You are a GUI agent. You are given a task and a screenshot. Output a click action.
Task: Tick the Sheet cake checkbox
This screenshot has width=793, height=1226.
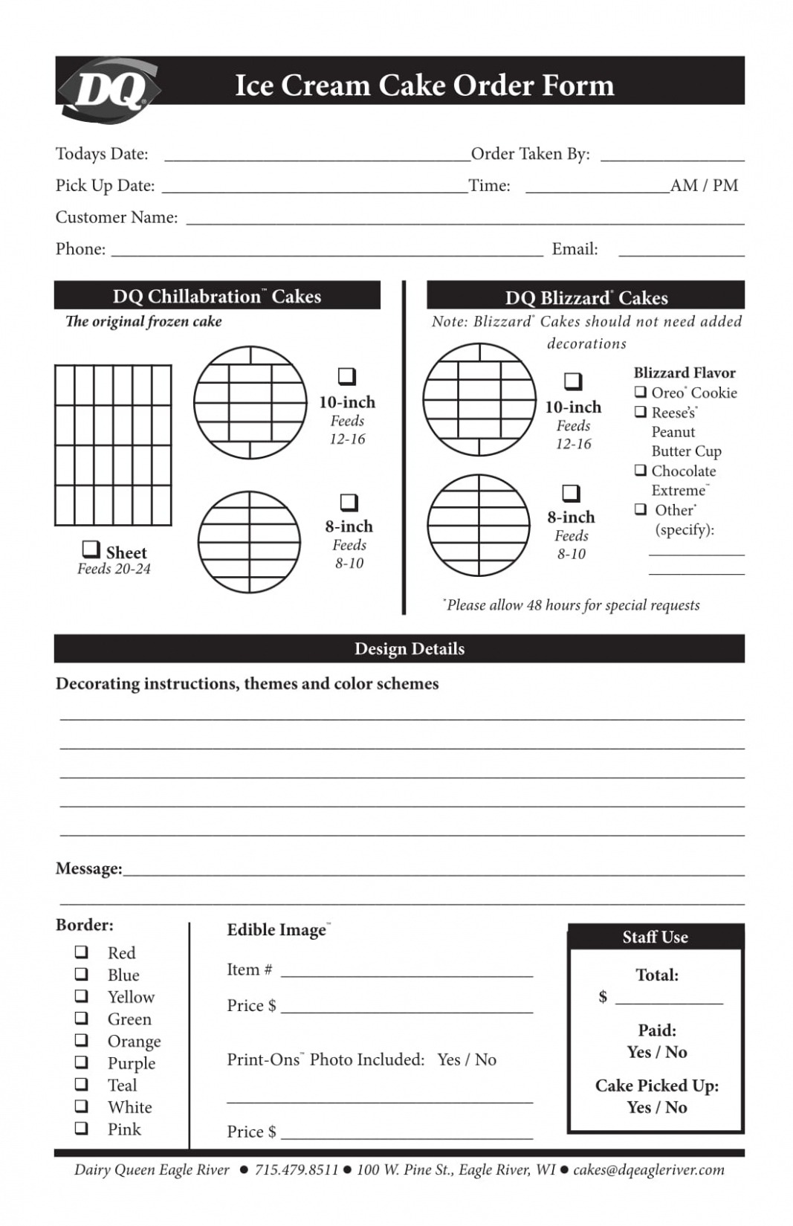[91, 549]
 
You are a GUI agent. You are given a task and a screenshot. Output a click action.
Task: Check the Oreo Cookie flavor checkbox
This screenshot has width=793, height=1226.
[640, 392]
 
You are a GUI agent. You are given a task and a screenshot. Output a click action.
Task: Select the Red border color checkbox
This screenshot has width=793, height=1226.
[81, 952]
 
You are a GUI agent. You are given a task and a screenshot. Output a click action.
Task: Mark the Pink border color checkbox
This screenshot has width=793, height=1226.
[81, 1128]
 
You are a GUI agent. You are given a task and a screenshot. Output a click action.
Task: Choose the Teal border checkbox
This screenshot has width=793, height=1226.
[81, 1084]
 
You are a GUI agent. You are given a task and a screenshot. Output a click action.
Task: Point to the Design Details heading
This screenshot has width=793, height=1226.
[410, 648]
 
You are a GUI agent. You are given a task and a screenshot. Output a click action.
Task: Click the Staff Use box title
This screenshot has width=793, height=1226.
[655, 937]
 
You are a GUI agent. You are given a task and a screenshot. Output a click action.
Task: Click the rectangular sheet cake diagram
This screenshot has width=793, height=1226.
[113, 445]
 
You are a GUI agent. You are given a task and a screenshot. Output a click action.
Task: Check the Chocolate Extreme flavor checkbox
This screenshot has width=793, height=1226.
[640, 470]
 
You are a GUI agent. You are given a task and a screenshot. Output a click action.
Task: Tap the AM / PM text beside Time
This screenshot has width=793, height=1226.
[704, 185]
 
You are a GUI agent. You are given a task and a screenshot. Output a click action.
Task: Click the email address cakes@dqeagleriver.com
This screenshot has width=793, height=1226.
[648, 1169]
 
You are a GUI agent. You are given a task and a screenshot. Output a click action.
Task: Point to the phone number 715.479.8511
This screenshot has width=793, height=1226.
[296, 1169]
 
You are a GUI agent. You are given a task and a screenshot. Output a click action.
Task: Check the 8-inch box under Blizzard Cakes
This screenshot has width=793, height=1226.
[571, 493]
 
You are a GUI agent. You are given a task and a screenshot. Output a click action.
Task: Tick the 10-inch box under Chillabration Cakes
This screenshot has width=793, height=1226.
[347, 376]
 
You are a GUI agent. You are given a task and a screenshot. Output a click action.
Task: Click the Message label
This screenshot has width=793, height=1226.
[88, 868]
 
